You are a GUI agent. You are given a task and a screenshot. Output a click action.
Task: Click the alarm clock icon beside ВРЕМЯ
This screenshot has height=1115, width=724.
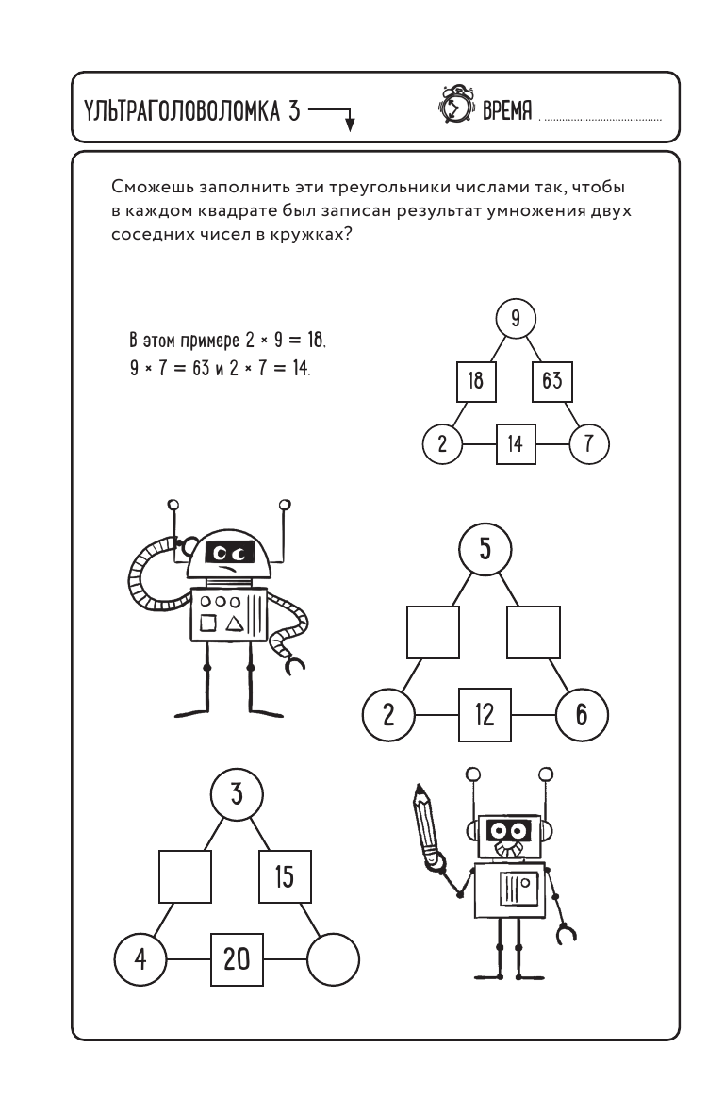point(457,108)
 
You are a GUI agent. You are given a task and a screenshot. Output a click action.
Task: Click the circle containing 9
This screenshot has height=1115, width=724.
point(516,319)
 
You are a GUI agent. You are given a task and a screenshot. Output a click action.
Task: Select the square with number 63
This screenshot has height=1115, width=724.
point(551,381)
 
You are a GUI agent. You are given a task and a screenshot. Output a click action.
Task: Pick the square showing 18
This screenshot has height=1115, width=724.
point(476,381)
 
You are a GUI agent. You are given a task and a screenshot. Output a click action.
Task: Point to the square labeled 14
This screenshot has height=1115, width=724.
point(515,444)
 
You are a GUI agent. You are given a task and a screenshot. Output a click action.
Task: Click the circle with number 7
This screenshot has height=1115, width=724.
point(590,444)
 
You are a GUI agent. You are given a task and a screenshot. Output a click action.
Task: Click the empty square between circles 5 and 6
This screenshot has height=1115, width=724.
point(534,632)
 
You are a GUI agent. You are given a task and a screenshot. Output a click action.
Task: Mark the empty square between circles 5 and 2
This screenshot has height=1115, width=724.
point(433,632)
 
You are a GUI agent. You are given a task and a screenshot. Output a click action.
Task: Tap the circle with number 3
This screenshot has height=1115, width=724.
point(236,795)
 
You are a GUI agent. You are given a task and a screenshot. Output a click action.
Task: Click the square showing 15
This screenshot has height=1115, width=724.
point(285,877)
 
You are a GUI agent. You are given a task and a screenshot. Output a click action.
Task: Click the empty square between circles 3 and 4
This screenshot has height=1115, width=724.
point(185,877)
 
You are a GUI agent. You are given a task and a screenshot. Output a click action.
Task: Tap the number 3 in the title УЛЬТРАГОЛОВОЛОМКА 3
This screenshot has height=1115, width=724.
point(294,112)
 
